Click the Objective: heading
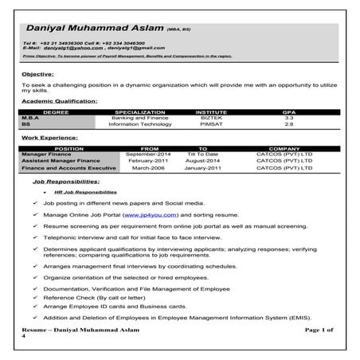pyautogui.click(x=37, y=74)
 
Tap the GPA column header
pyautogui.click(x=289, y=112)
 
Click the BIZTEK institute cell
pyautogui.click(x=211, y=118)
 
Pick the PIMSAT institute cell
pyautogui.click(x=211, y=124)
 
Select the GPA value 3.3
pyautogui.click(x=289, y=118)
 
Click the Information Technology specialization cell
pyautogui.click(x=139, y=124)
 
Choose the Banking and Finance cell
pyautogui.click(x=139, y=118)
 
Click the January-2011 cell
pyautogui.click(x=202, y=168)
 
